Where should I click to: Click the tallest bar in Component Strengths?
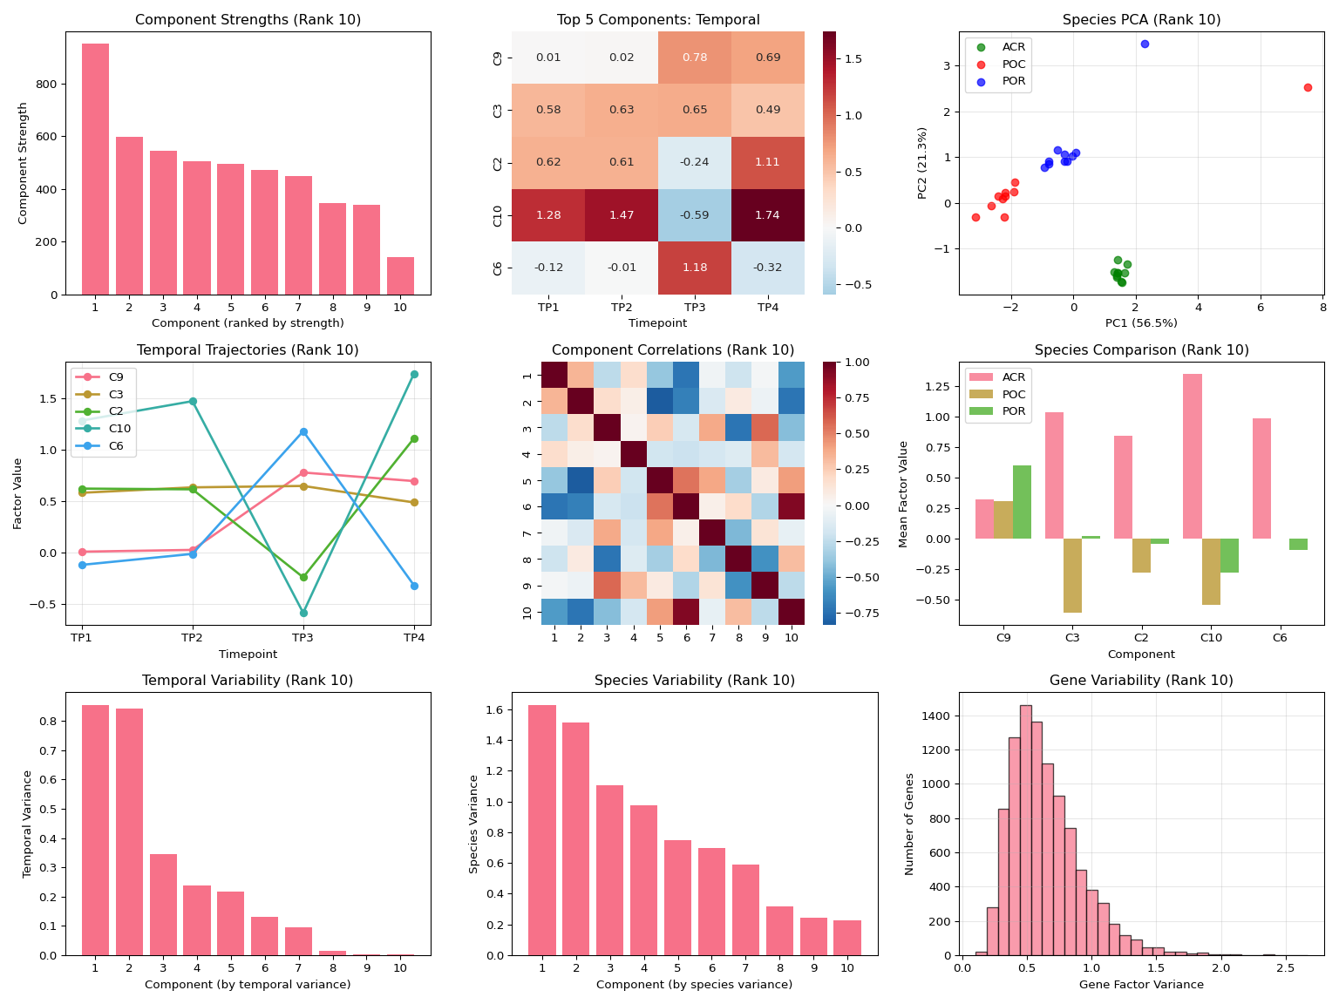(x=95, y=169)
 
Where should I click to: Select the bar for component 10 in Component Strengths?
(x=400, y=275)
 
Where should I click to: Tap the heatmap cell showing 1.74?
(x=768, y=214)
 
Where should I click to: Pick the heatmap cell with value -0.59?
(x=695, y=214)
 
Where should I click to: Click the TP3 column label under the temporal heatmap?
(x=695, y=308)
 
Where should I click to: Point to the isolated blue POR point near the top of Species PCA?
(x=1145, y=44)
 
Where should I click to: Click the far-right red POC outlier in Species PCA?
(x=1308, y=87)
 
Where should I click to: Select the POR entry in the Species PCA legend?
(x=1014, y=81)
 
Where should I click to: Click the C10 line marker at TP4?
(x=414, y=374)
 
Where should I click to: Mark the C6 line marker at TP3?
(x=303, y=431)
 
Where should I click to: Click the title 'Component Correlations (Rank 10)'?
(x=673, y=350)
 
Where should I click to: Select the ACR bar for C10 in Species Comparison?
(x=1193, y=456)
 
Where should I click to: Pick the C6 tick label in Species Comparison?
(x=1280, y=638)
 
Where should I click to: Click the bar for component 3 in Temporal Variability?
(x=163, y=905)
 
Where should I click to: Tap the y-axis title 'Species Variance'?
(x=474, y=824)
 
